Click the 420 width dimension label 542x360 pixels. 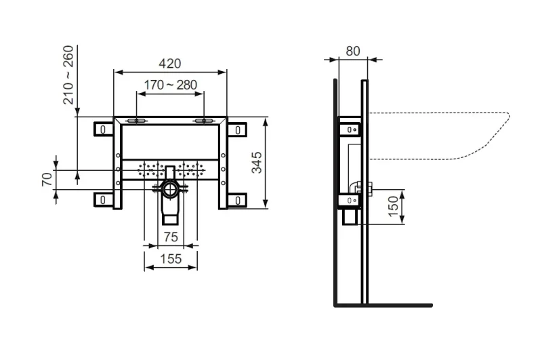pos(170,64)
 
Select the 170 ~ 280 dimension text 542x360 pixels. pos(171,85)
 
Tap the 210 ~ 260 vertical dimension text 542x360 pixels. pos(68,75)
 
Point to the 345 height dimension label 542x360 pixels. pos(257,163)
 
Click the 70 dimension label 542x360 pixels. pos(47,180)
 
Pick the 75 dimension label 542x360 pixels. pos(171,237)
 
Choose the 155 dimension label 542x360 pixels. pos(171,259)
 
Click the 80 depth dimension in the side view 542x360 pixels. pos(353,51)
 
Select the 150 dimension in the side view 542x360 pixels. pos(394,207)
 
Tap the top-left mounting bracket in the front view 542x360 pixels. pos(104,129)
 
